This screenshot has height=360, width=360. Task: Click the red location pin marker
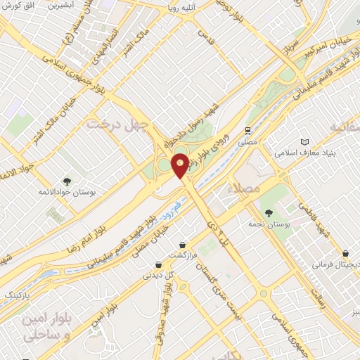(x=180, y=165)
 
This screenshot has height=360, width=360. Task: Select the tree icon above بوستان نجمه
(x=268, y=212)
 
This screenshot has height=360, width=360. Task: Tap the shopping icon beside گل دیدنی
(x=160, y=265)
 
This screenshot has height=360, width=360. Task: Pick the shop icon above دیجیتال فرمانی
(x=345, y=254)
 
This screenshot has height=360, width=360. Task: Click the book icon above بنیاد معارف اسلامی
(x=304, y=141)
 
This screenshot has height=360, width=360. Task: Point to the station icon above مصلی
(x=247, y=131)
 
